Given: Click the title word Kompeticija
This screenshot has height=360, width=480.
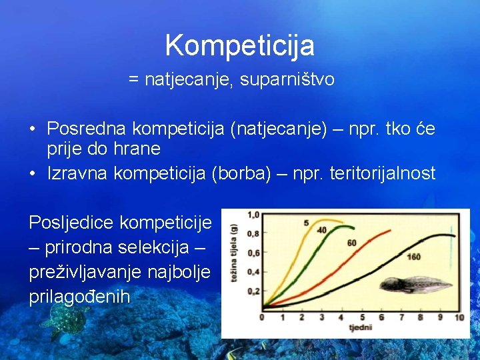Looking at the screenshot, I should click(239, 45).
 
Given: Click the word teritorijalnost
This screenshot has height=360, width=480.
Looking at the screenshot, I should click(383, 173).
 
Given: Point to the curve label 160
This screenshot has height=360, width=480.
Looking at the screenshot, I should click(413, 257).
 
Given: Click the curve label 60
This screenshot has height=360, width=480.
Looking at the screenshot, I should click(352, 243).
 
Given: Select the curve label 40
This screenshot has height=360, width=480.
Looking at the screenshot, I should click(322, 230).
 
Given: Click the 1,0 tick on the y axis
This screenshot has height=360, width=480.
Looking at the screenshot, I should click(253, 215).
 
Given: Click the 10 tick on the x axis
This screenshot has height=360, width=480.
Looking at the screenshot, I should click(459, 317).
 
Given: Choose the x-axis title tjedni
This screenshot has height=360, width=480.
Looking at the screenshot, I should click(360, 328).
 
